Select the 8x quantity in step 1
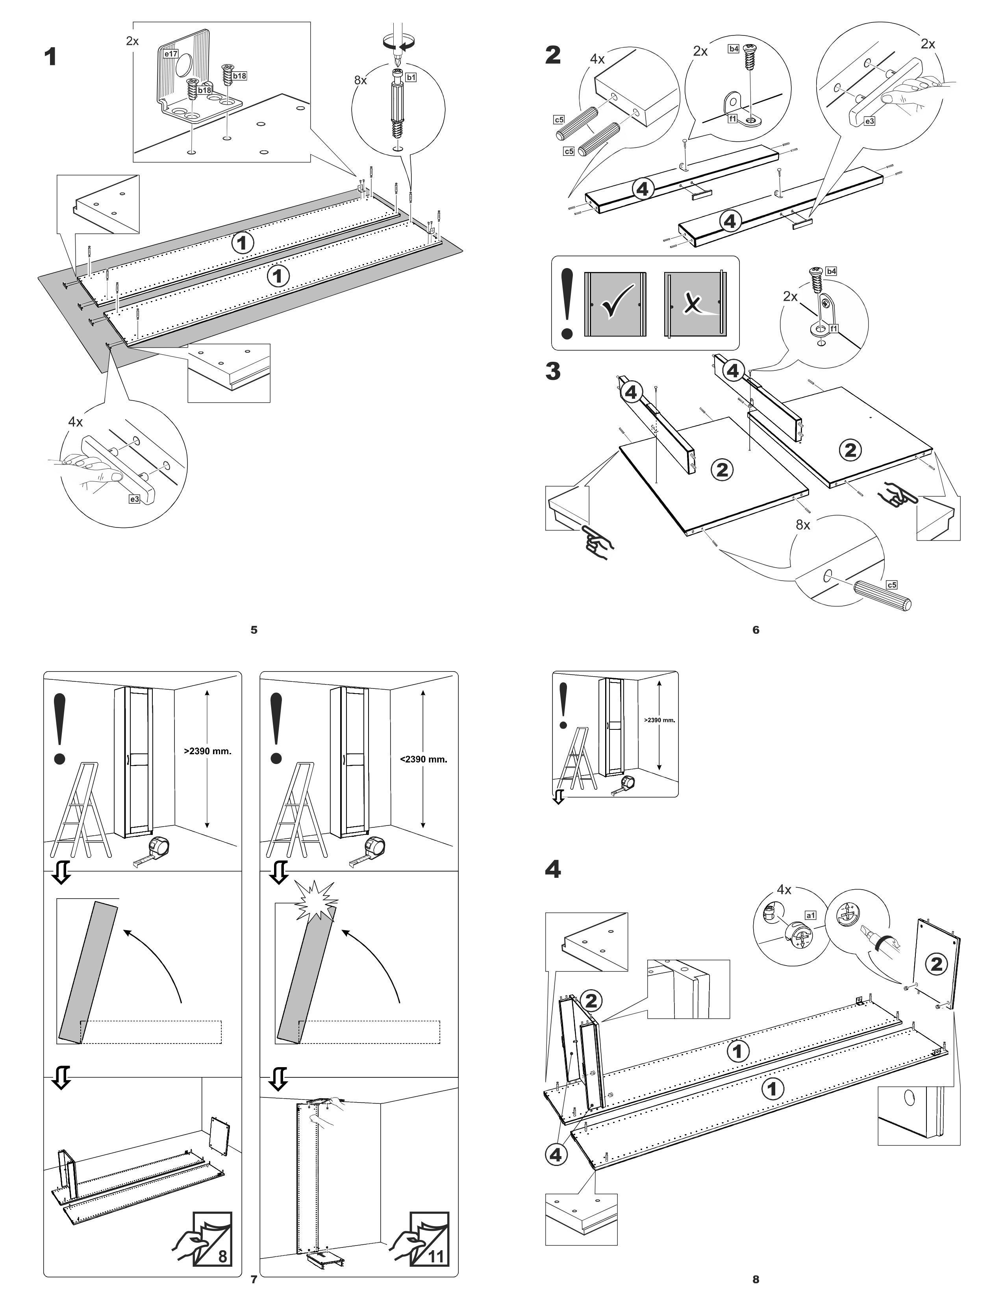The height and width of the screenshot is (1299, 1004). tap(360, 80)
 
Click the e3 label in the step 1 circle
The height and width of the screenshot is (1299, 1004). tap(135, 499)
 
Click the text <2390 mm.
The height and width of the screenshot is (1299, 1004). tap(424, 759)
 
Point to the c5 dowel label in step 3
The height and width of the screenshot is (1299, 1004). tap(891, 585)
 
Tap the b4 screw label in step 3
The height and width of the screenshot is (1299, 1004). tap(831, 271)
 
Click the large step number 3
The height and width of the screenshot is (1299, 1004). tap(553, 372)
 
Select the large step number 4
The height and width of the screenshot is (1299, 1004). tap(553, 870)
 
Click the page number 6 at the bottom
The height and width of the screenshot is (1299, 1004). tap(756, 630)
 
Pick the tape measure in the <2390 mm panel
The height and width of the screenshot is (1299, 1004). tap(375, 847)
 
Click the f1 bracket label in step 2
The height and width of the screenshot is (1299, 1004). tap(733, 118)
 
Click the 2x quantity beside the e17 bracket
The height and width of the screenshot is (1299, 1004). tap(132, 41)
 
